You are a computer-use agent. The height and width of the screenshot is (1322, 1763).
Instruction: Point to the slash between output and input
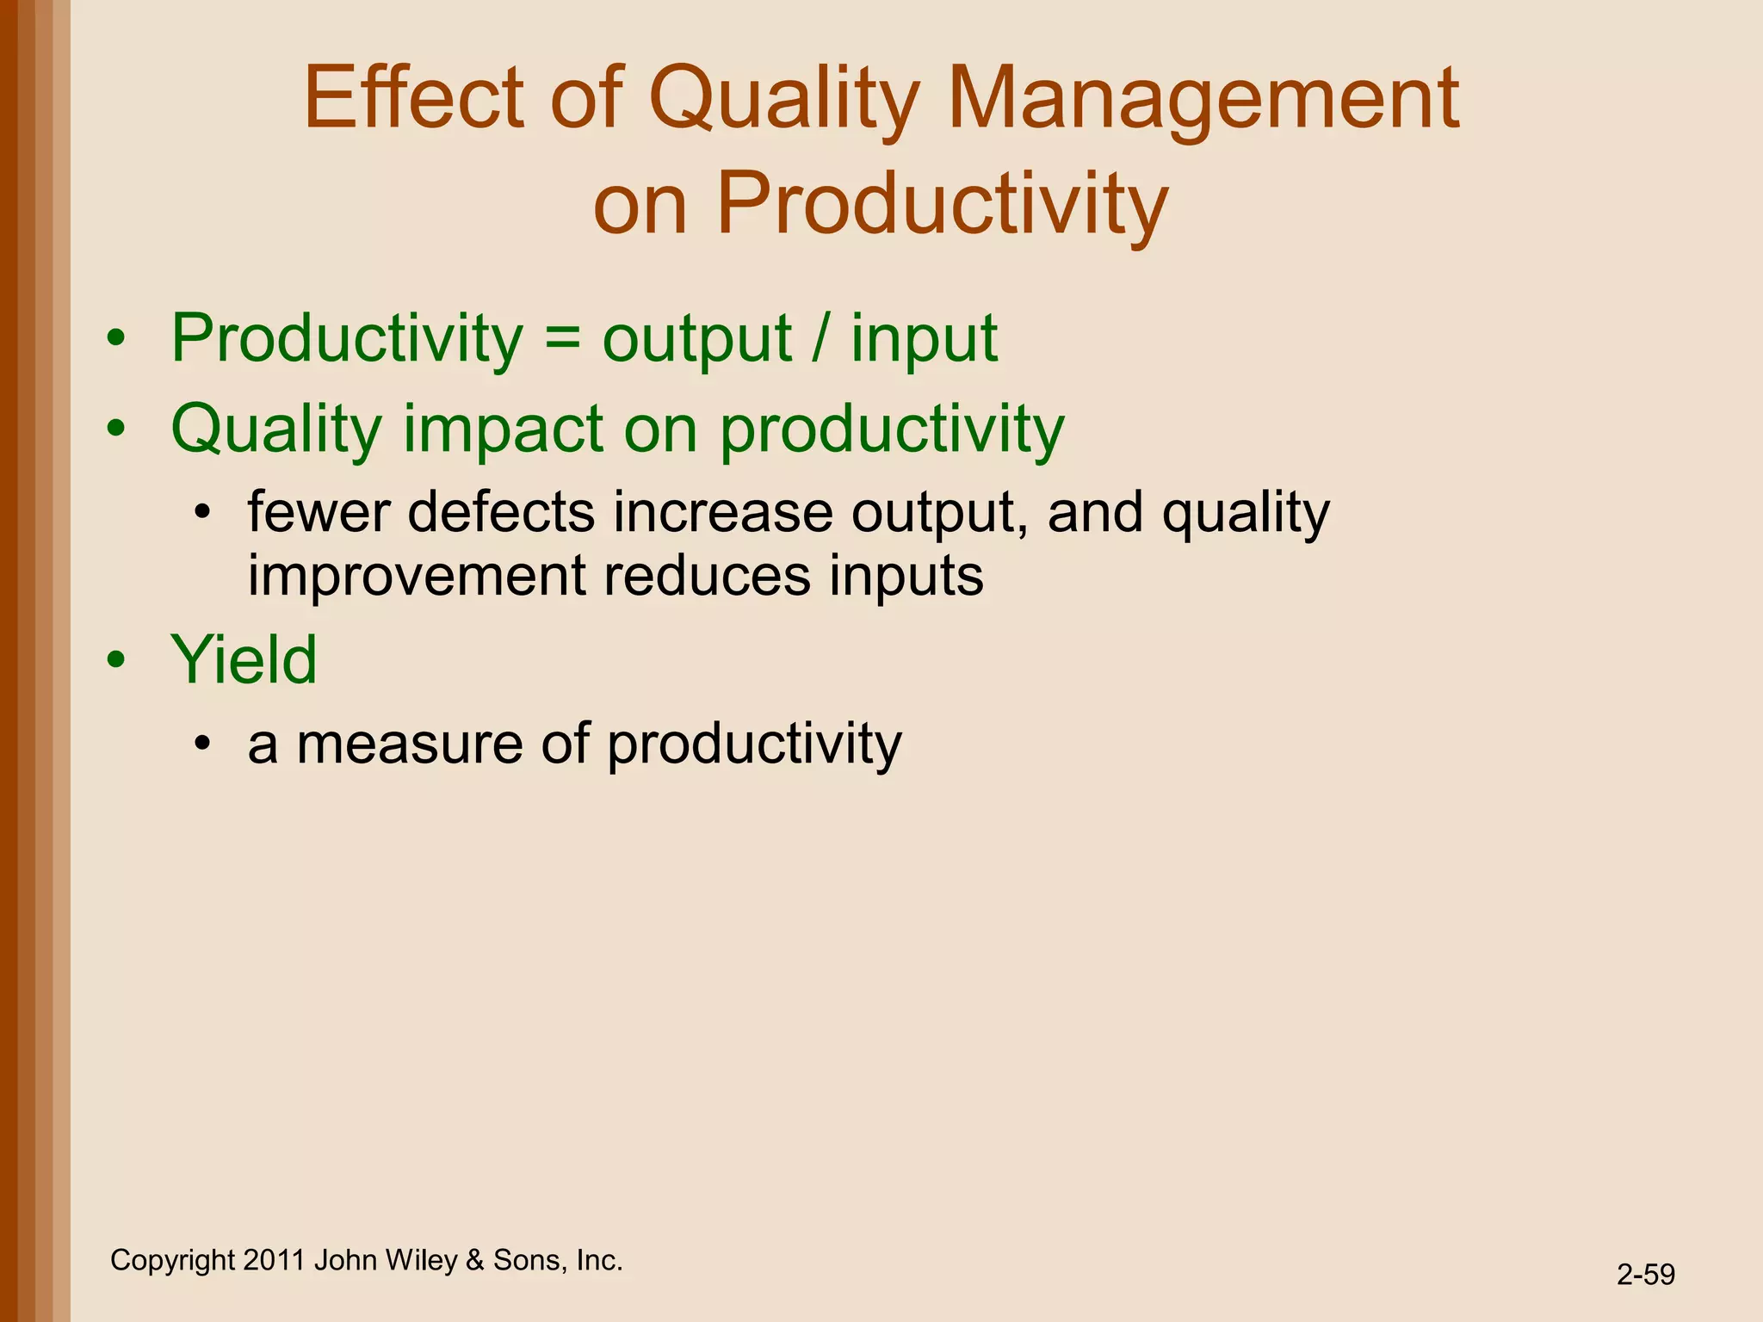pos(820,338)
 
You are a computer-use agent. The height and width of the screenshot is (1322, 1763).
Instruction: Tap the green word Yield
pos(244,659)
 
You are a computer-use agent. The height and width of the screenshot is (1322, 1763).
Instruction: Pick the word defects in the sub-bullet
pos(501,512)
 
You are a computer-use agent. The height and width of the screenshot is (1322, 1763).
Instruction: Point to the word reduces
pos(707,576)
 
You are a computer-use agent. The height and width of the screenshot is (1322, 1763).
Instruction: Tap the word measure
pos(409,744)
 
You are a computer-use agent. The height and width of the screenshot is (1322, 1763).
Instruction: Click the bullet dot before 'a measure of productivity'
pos(202,744)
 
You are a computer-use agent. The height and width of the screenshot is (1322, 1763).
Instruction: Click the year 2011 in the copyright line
pos(274,1260)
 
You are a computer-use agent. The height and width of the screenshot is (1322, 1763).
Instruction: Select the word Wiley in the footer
pos(421,1260)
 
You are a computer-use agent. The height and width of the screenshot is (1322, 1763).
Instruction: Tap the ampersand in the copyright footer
pos(474,1260)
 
